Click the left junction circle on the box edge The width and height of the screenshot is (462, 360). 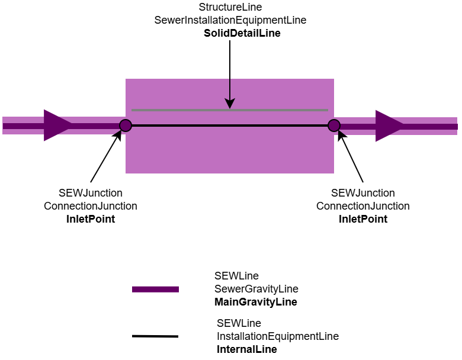126,125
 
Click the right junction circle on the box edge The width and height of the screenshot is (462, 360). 334,125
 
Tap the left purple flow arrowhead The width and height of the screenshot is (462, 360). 57,126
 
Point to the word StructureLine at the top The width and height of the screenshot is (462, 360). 230,8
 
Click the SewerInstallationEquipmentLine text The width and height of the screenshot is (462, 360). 230,21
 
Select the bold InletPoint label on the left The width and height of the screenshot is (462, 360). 90,219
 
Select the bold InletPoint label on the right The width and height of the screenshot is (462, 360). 362,219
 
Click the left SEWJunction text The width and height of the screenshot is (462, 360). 90,193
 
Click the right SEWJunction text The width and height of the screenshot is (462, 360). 362,193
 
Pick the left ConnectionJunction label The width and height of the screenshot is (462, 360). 90,206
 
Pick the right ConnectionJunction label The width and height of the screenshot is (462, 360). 362,206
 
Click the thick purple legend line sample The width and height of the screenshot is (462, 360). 155,290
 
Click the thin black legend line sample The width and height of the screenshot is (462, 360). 155,336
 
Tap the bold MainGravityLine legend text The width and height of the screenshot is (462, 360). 255,302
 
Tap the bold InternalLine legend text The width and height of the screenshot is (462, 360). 246,349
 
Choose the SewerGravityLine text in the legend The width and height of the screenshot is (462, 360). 256,289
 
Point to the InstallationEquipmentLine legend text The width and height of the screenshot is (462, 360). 277,336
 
